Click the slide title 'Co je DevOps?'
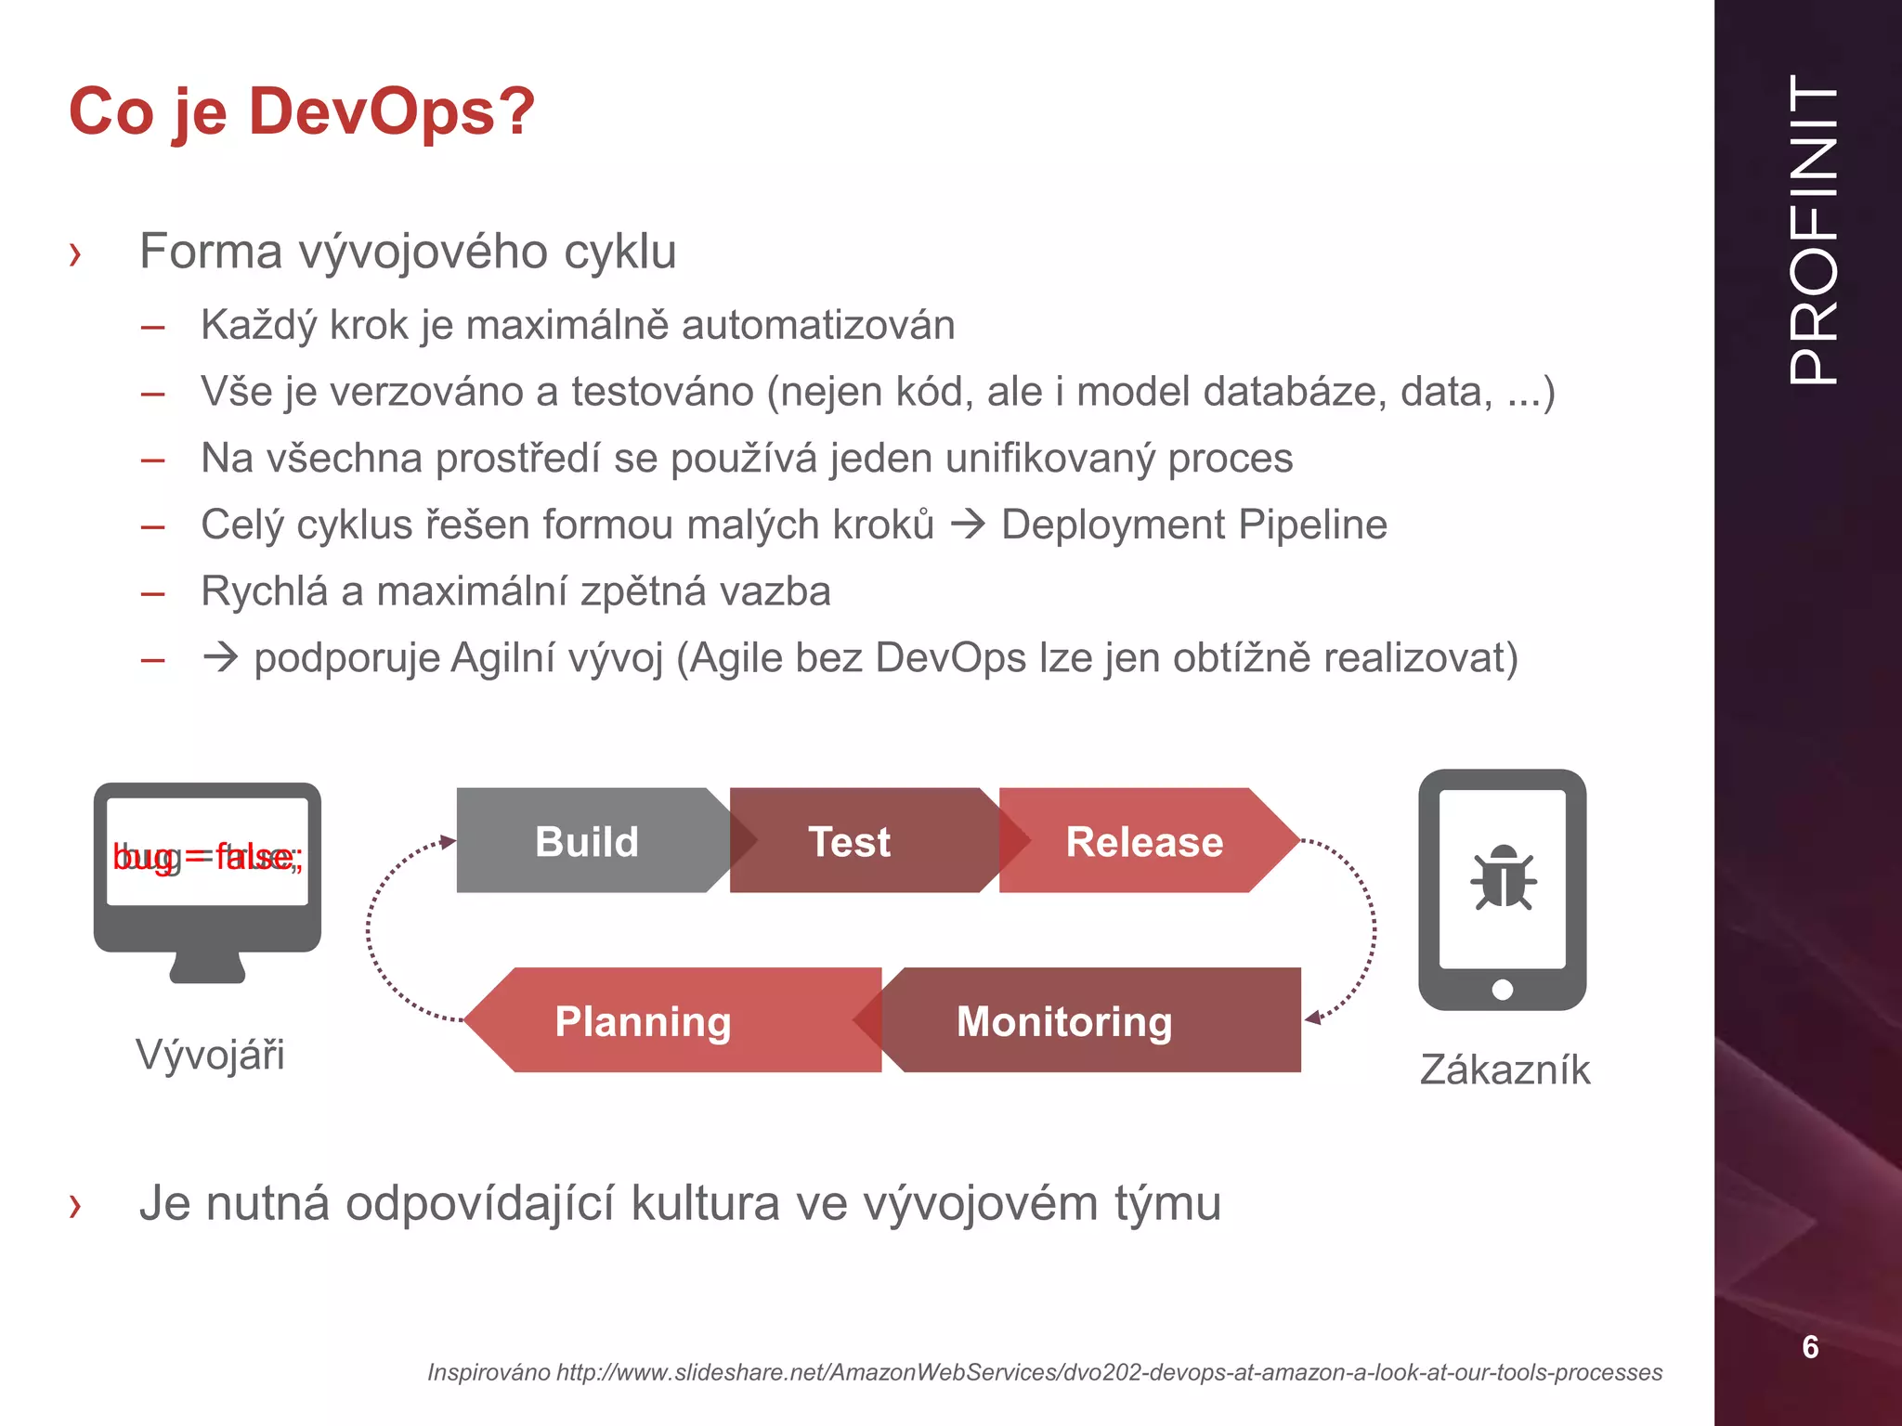302,111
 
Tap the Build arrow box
587,841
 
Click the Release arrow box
1144,841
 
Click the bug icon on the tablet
1503,877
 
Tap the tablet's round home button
1502,990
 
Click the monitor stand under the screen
207,967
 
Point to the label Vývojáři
210,1056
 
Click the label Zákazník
1505,1070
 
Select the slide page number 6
1810,1347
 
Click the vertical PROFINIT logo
1813,229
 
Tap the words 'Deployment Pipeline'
1193,525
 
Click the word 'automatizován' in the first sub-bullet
818,326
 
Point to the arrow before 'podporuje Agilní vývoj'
221,657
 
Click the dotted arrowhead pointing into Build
449,841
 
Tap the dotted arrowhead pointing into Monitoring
1312,1018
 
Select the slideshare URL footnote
1044,1372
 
